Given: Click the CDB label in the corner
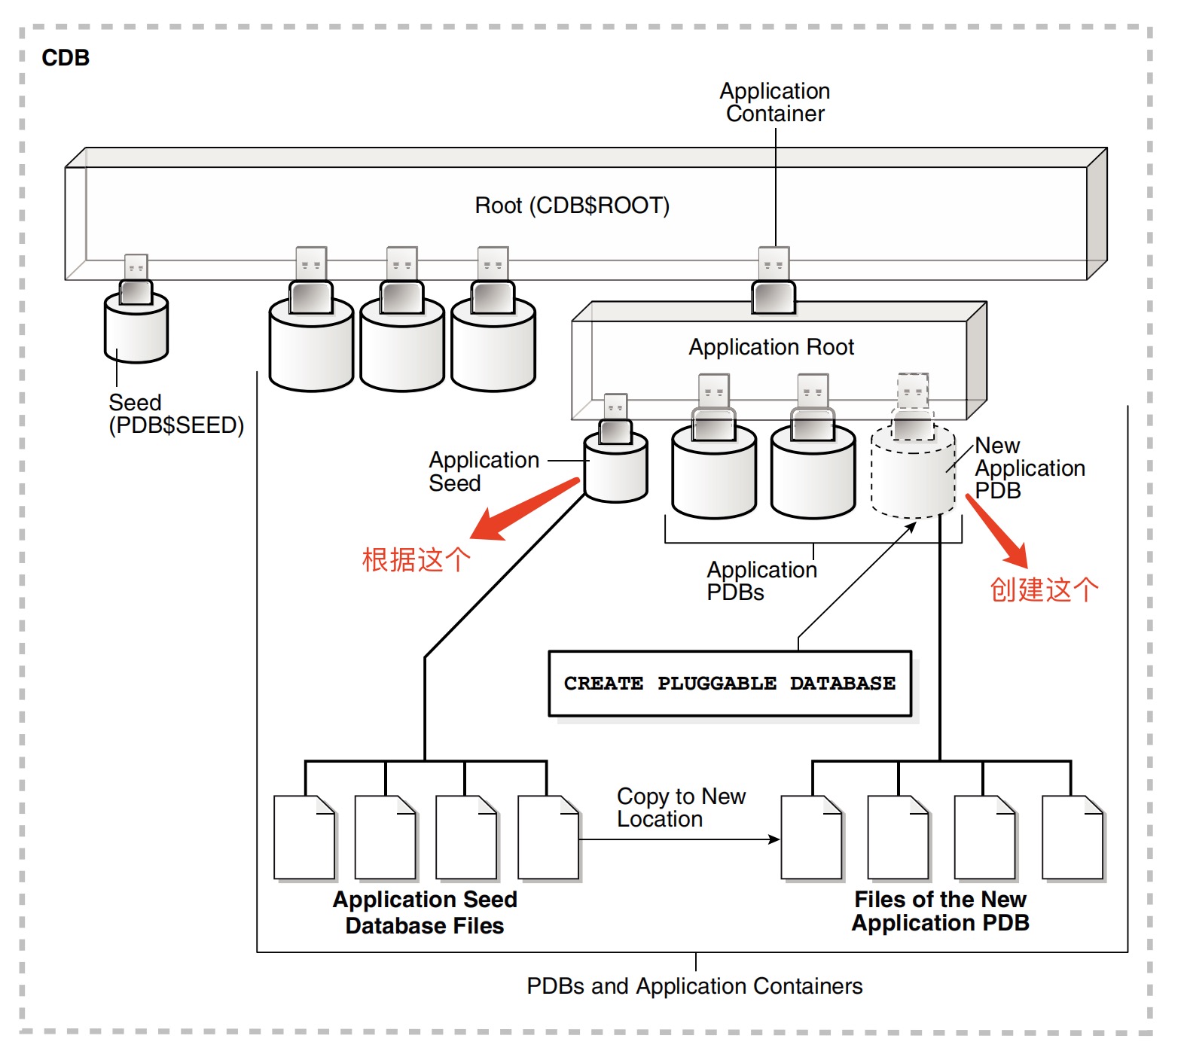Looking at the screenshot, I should tap(66, 58).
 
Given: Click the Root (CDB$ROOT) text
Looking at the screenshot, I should tap(572, 206).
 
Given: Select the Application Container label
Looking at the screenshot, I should tap(774, 102).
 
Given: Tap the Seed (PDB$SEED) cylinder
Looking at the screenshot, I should tap(136, 330).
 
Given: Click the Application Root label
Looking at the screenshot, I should tap(771, 347).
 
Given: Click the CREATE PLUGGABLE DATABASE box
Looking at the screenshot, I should tap(729, 684).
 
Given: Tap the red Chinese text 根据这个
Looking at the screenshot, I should tap(416, 560).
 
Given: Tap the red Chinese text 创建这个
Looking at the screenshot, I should tap(1043, 589).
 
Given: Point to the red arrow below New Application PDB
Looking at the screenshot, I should tap(997, 531).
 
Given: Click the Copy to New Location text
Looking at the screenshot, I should tap(680, 808).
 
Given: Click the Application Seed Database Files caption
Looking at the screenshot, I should tap(425, 912).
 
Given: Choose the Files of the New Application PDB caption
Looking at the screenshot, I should tap(940, 911).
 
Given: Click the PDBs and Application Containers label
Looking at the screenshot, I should tap(694, 986).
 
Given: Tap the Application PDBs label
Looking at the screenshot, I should tap(761, 581).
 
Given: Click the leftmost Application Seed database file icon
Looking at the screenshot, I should tap(304, 837).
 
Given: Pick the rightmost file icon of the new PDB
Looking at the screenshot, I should tap(1073, 837).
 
